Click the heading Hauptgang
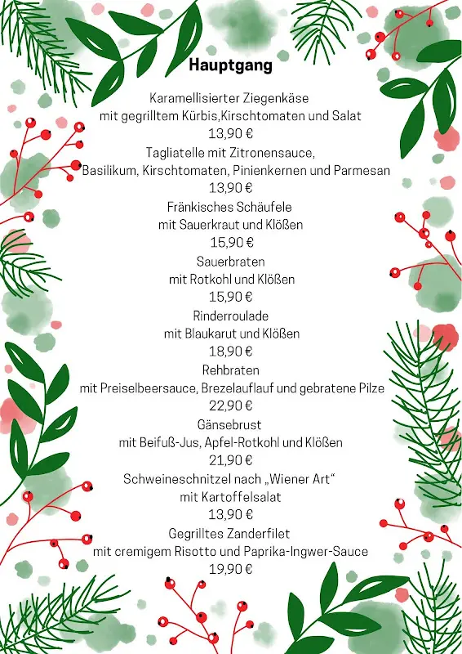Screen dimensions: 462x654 pos(231,65)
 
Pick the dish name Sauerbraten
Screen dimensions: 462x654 pos(231,261)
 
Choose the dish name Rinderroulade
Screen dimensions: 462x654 pos(231,316)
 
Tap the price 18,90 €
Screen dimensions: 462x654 pos(231,352)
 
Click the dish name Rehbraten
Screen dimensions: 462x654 pos(231,370)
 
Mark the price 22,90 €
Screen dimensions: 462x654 pos(231,406)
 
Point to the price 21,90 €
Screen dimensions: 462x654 pos(231,460)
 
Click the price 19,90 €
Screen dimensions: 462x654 pos(231,569)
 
